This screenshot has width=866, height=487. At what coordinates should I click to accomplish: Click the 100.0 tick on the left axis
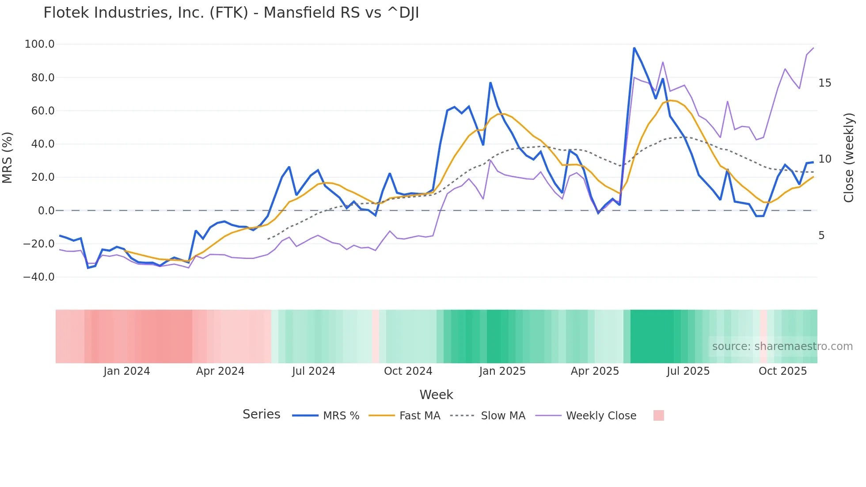(40, 44)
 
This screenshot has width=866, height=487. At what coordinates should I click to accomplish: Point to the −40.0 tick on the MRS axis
(39, 277)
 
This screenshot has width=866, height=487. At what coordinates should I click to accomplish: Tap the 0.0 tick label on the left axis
(46, 211)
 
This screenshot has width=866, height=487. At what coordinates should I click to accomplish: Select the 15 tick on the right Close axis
(824, 83)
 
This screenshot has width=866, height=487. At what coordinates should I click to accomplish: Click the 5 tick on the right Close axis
(821, 236)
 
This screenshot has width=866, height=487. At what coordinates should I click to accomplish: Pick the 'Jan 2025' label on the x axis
(502, 371)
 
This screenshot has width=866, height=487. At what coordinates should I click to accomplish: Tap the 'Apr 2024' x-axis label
(220, 371)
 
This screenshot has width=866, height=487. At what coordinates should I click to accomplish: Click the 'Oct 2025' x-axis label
(782, 371)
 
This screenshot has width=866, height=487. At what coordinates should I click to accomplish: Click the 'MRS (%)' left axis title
(8, 158)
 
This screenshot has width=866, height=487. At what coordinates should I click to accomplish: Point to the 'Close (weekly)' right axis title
(849, 158)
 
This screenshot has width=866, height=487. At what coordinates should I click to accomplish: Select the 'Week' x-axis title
(436, 395)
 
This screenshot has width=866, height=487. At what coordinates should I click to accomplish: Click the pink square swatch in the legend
(658, 415)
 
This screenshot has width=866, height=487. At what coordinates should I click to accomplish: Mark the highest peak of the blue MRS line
(634, 48)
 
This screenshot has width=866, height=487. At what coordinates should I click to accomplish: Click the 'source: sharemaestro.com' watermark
(782, 346)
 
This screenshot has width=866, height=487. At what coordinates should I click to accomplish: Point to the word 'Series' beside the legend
(261, 415)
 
